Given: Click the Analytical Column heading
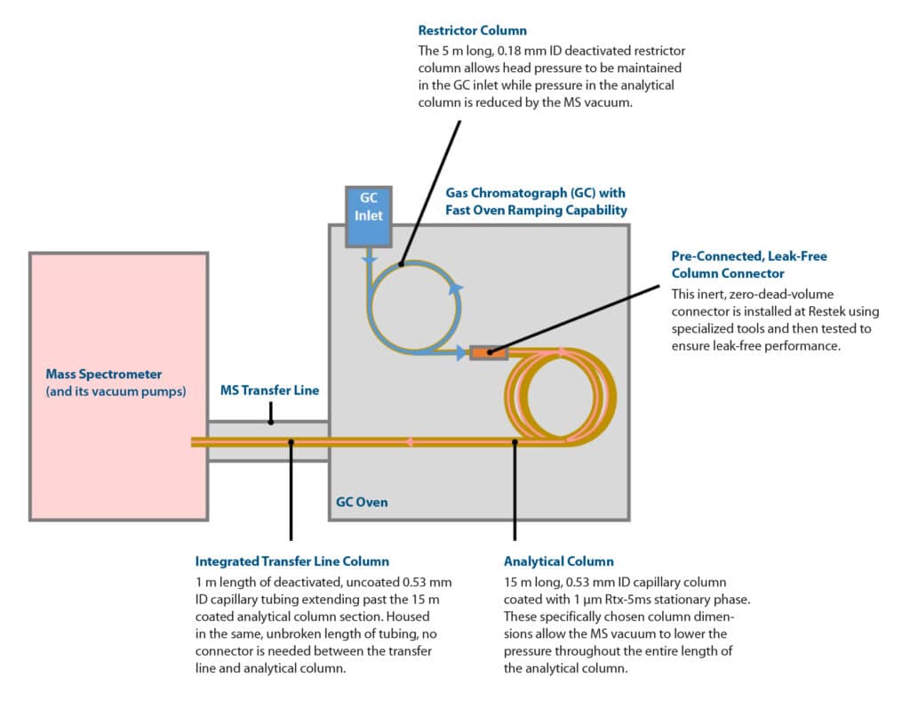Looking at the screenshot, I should [558, 561].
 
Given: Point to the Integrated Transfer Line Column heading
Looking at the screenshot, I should [291, 561].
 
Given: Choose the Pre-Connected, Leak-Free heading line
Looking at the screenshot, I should [748, 256].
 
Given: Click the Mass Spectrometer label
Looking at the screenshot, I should [104, 374].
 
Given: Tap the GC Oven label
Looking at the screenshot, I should [361, 502].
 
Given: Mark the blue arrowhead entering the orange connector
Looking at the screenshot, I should [461, 352].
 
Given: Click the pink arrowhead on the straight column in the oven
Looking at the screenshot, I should [411, 441].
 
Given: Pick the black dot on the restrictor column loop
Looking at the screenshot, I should [402, 263].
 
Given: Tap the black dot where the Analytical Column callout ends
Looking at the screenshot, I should [515, 440].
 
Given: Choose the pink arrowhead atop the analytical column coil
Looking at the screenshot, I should [562, 351].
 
